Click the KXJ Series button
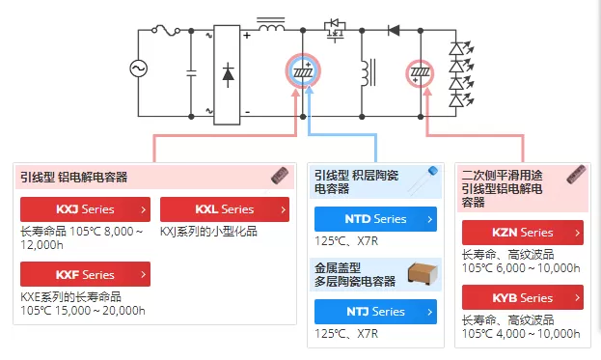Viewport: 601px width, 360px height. tap(85, 209)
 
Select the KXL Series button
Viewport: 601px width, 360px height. tap(225, 209)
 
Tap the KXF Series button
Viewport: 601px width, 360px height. tap(85, 274)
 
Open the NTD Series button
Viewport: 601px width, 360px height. tap(375, 219)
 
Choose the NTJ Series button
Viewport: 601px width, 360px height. tap(375, 312)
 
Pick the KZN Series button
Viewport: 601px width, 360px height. tap(523, 233)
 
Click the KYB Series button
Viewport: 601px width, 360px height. tap(523, 297)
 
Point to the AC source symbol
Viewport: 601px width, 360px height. tap(138, 69)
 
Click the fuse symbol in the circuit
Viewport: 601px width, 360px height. tap(166, 30)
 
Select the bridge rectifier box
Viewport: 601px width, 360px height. tap(227, 74)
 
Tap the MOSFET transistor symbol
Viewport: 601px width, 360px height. tap(335, 30)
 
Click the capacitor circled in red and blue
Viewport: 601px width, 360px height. tap(303, 70)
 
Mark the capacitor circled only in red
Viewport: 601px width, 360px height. tap(420, 73)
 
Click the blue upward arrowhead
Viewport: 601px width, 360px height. tap(309, 90)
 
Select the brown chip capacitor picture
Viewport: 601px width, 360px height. tap(423, 273)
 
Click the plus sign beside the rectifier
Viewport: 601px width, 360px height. tap(247, 36)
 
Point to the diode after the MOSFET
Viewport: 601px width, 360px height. tap(394, 30)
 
